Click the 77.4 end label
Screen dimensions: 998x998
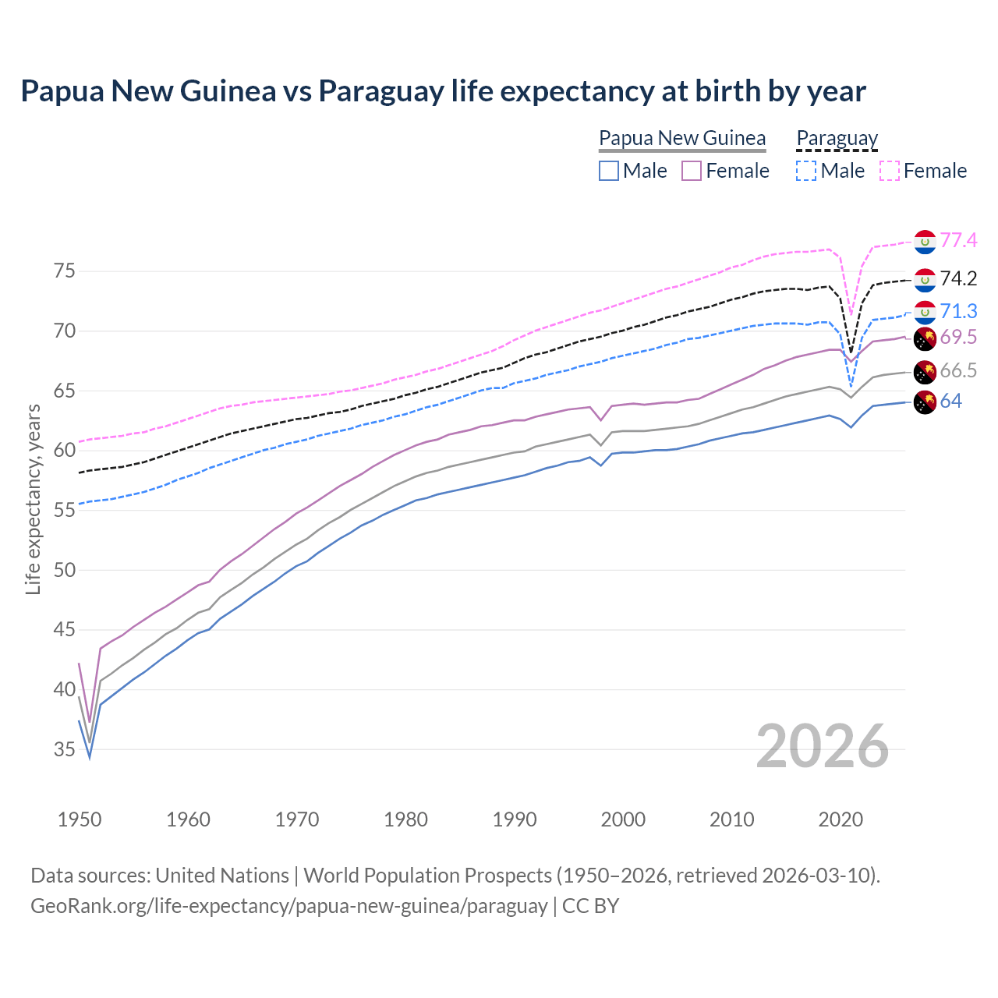pyautogui.click(x=958, y=241)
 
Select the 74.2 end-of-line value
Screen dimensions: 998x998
pyautogui.click(x=958, y=279)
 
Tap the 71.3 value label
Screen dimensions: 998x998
pyautogui.click(x=958, y=312)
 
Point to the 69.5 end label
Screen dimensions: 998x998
pyautogui.click(x=958, y=338)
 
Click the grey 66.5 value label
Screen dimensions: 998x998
pyautogui.click(x=958, y=371)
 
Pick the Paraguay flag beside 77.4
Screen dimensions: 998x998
pyautogui.click(x=925, y=242)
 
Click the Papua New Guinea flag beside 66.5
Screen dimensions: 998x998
pyautogui.click(x=925, y=372)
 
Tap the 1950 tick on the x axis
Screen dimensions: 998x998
pyautogui.click(x=80, y=819)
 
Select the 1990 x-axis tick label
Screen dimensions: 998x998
pyautogui.click(x=515, y=819)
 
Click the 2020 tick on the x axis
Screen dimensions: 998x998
pyautogui.click(x=841, y=819)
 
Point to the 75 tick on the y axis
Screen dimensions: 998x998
pyautogui.click(x=65, y=271)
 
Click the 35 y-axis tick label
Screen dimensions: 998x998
pyautogui.click(x=65, y=749)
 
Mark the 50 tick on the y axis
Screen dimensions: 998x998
pyautogui.click(x=65, y=570)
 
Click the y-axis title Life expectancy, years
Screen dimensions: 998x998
pyautogui.click(x=34, y=499)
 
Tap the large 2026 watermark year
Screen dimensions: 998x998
pyautogui.click(x=823, y=746)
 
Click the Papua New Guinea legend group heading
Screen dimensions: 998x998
pyautogui.click(x=682, y=139)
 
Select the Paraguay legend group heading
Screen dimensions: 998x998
pyautogui.click(x=837, y=139)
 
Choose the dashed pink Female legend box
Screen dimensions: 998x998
pyautogui.click(x=890, y=171)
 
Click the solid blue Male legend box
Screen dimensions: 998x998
pyautogui.click(x=609, y=171)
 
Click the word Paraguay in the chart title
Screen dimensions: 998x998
pyautogui.click(x=381, y=91)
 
